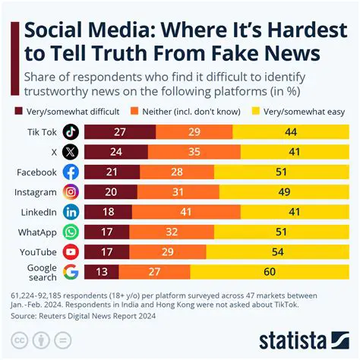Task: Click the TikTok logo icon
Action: point(71,131)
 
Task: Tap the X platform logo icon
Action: point(71,151)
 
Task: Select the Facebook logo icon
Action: point(71,172)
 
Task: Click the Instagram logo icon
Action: point(71,191)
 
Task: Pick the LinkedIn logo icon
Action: point(71,212)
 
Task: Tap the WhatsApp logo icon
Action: point(71,232)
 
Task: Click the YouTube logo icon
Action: point(71,251)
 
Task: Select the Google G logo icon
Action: point(71,272)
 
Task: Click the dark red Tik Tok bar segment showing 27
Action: point(119,131)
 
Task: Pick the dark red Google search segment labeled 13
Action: point(101,272)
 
